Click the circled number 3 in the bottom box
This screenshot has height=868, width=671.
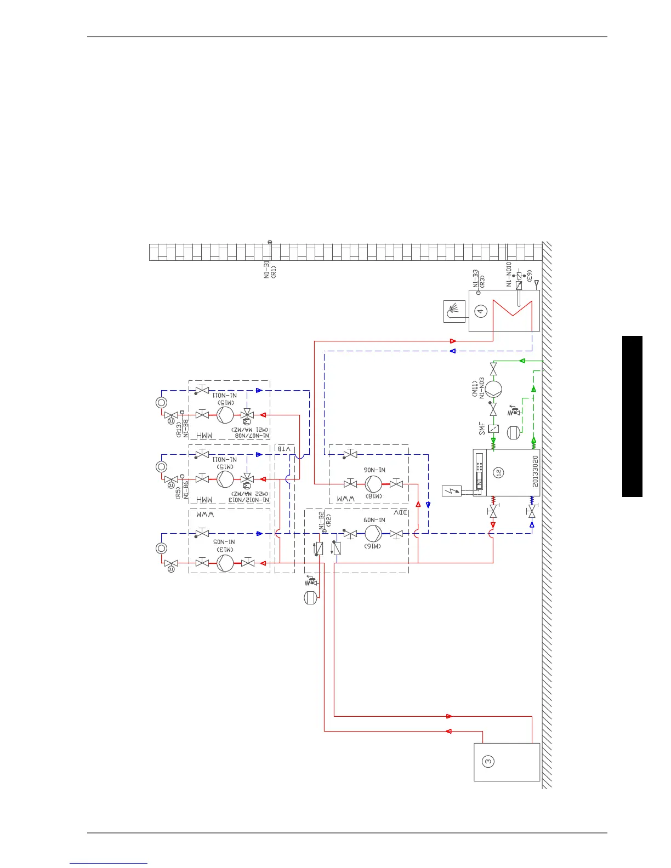[x=488, y=761]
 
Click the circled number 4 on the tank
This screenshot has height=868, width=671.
[x=481, y=311]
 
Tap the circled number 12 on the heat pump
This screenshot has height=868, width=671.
[x=498, y=472]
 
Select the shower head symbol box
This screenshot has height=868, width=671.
[x=454, y=311]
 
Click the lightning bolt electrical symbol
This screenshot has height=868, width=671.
[x=452, y=491]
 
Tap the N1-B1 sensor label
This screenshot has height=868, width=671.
[x=266, y=270]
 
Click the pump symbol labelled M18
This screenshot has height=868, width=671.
[x=373, y=484]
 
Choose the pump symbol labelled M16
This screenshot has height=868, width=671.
[x=373, y=533]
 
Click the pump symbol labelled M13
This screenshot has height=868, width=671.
[x=225, y=563]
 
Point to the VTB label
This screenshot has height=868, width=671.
[x=284, y=449]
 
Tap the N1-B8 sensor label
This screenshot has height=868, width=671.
[x=186, y=427]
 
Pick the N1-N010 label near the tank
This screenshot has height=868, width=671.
[x=509, y=274]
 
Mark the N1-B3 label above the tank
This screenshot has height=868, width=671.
[x=476, y=278]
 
